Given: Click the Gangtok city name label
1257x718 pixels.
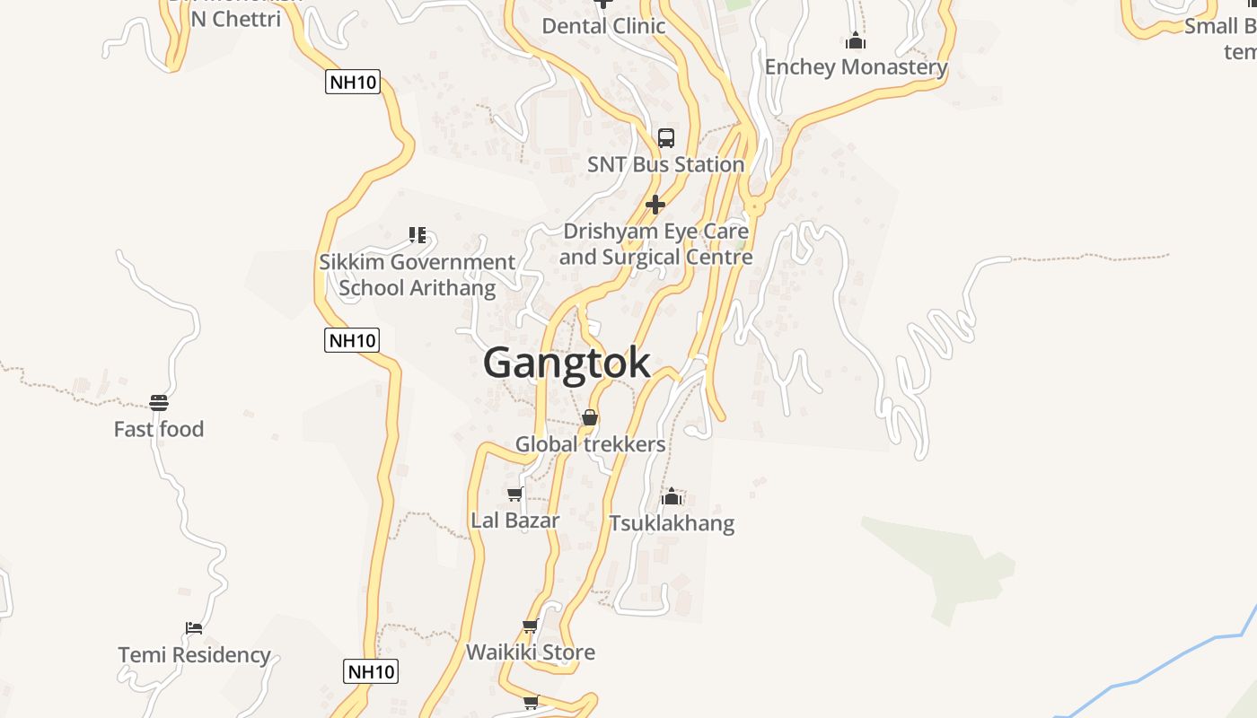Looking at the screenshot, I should click(x=567, y=363).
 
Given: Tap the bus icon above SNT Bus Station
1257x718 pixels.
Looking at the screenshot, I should click(x=665, y=138).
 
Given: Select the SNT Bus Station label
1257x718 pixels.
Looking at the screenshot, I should click(x=665, y=164).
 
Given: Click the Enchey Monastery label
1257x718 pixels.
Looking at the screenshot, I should click(x=856, y=66).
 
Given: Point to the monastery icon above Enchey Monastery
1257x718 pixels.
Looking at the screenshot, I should click(x=856, y=40).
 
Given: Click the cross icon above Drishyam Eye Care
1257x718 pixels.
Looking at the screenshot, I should click(x=655, y=205).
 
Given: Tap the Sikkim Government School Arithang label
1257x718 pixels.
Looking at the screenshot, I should click(x=418, y=275).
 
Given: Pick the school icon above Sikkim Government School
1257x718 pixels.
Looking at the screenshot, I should click(x=418, y=235).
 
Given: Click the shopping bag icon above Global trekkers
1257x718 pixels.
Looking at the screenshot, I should click(x=590, y=417).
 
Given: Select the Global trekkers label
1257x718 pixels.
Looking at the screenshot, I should click(x=590, y=444).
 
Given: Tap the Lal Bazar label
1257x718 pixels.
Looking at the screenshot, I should click(x=515, y=521).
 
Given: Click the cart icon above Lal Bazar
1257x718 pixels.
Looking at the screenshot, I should click(x=515, y=494).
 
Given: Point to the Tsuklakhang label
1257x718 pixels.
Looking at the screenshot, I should click(x=672, y=523).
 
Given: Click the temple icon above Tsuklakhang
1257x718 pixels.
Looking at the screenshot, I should click(x=672, y=496).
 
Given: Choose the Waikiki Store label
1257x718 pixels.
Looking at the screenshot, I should click(x=530, y=652).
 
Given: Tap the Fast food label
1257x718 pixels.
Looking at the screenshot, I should click(x=159, y=429).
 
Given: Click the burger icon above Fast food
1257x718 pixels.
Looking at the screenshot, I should click(x=159, y=402).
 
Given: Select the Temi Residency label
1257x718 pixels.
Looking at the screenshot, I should click(x=194, y=655).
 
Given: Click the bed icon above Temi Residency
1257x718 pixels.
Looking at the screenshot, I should click(x=194, y=628).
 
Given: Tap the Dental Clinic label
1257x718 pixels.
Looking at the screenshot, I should click(x=603, y=26).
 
